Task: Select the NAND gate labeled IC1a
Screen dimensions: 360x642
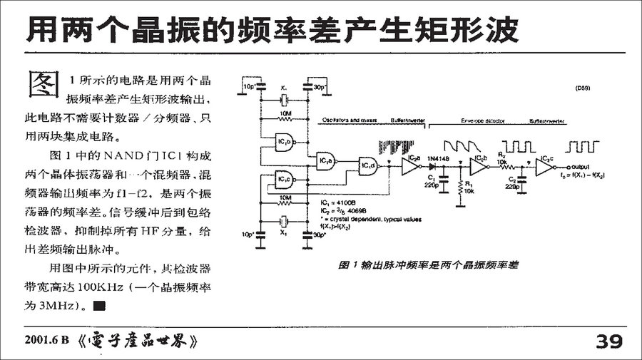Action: (x=327, y=161)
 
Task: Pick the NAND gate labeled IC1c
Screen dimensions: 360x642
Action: (x=286, y=178)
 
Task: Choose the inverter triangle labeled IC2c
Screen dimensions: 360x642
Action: (x=544, y=168)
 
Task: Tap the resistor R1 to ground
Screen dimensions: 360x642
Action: (x=458, y=187)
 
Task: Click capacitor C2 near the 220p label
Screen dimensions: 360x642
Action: (x=522, y=180)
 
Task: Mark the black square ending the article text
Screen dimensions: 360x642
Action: (x=99, y=307)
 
